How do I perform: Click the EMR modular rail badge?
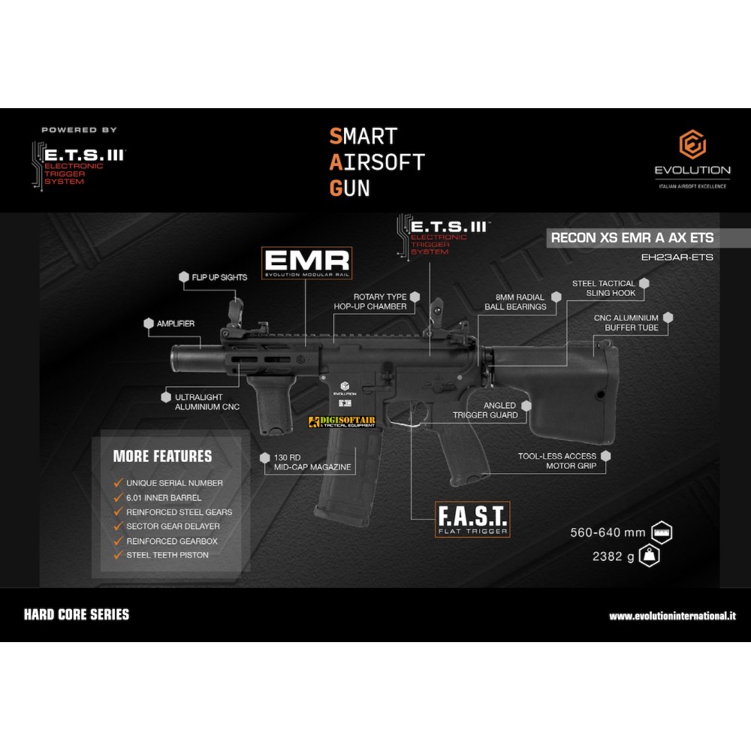point(306,263)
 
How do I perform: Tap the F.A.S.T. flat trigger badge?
point(472,519)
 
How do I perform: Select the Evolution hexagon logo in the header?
point(692,145)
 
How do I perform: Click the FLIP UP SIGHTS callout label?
point(219,277)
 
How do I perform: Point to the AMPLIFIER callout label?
point(176,324)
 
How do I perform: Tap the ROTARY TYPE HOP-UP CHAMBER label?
point(379,302)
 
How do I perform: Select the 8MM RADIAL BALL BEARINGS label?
point(515,302)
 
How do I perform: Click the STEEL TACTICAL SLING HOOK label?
point(604,288)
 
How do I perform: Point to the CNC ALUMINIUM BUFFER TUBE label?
point(626,323)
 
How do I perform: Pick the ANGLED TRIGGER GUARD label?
point(485,410)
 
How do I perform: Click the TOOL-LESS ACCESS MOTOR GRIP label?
point(557,461)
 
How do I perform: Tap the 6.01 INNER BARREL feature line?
point(164,498)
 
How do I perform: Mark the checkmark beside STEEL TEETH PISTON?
point(117,555)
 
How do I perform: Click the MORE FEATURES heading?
point(162,456)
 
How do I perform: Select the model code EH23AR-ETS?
point(677,257)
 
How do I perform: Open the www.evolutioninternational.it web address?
point(672,616)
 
